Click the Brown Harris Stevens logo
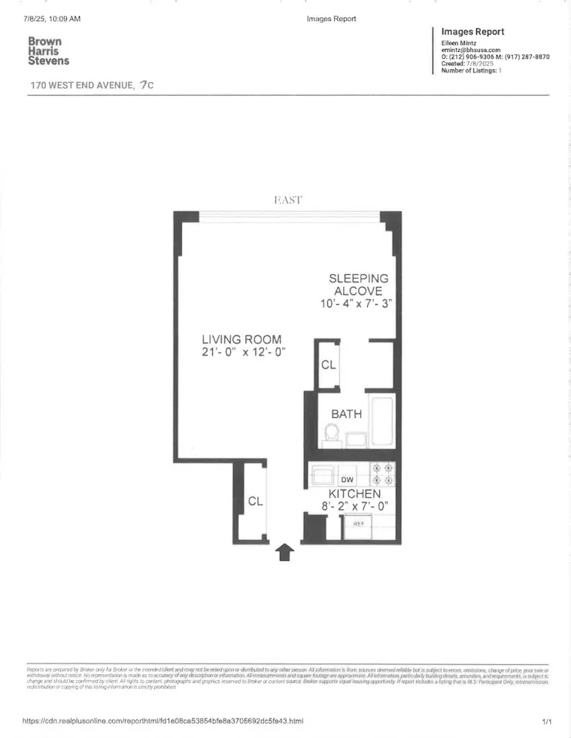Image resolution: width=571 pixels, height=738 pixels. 48,51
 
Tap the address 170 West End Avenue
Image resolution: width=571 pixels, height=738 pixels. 83,85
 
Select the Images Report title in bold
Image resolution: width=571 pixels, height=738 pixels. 472,32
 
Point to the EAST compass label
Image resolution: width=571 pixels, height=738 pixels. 287,200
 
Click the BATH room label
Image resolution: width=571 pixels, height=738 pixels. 347,413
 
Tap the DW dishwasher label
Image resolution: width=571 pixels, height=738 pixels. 347,479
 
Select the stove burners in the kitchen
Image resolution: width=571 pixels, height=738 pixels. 382,474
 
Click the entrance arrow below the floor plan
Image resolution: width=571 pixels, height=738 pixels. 285,553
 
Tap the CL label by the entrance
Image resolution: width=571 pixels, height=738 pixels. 255,502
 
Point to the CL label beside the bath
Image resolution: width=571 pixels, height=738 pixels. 329,365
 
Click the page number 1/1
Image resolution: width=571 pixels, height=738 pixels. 547,721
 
